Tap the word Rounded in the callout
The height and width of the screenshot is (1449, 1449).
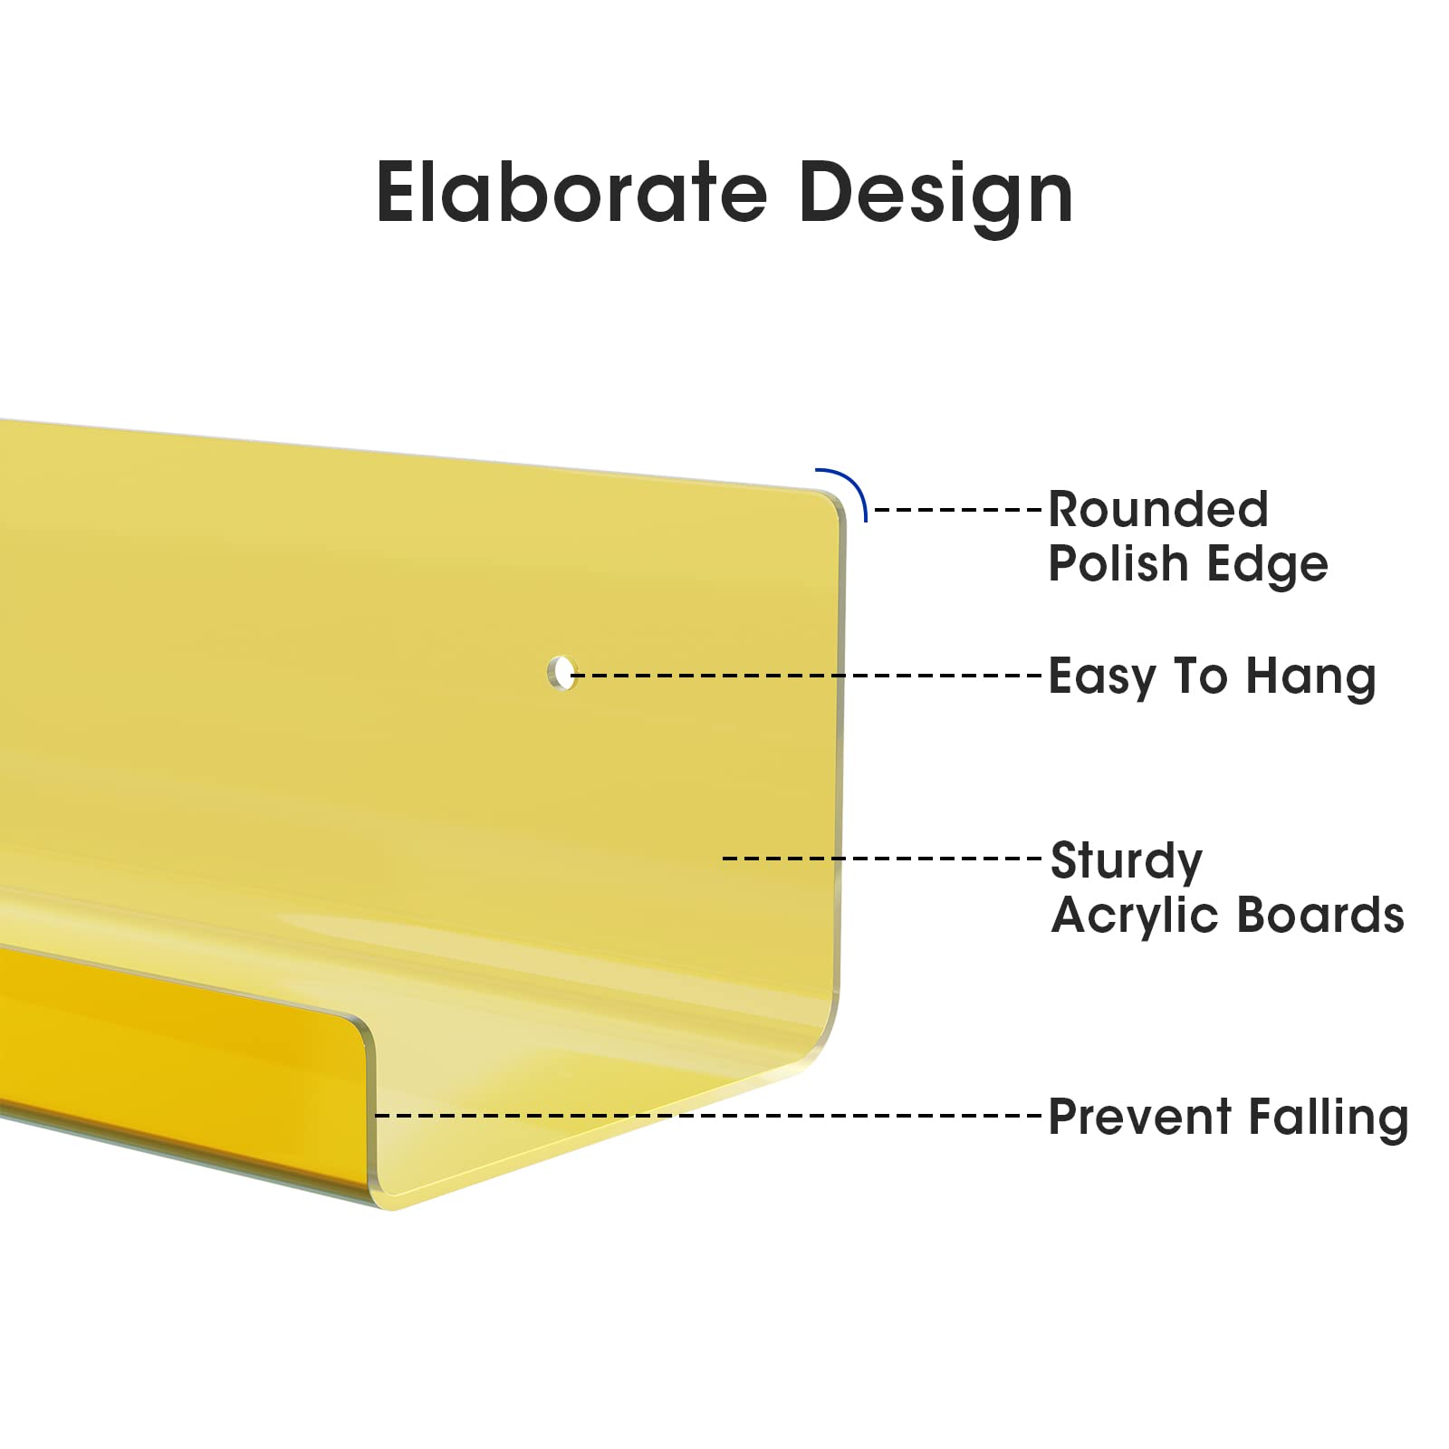pos(1158,510)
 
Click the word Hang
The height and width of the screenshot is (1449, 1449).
pos(1311,678)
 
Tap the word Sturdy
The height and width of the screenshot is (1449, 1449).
pos(1127,862)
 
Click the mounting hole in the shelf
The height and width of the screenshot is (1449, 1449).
pos(562,672)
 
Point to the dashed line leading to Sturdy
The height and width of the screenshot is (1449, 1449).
pos(883,858)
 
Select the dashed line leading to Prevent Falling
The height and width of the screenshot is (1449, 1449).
pos(709,1115)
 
